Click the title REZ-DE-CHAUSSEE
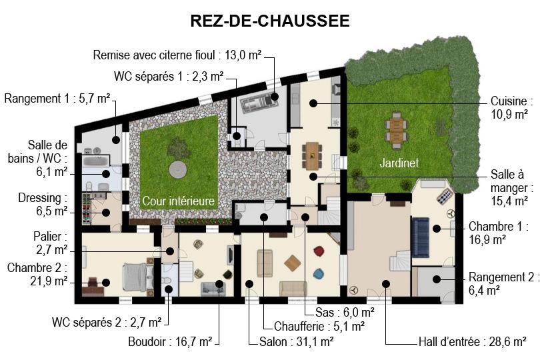[x=270, y=21]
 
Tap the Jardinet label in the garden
[x=399, y=163]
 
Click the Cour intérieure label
[x=179, y=201]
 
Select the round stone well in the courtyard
[x=178, y=169]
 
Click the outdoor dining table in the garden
[x=397, y=129]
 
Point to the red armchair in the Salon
[x=319, y=251]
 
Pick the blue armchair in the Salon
[x=318, y=274]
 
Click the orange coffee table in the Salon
[x=293, y=263]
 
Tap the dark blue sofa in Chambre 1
[x=420, y=237]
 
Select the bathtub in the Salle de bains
[x=96, y=161]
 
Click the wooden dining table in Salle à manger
[x=312, y=156]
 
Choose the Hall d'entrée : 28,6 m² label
[x=472, y=342]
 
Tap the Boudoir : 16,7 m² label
[x=170, y=342]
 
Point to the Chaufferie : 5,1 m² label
[x=319, y=326]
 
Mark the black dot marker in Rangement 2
[x=437, y=279]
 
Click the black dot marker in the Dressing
[x=106, y=213]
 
